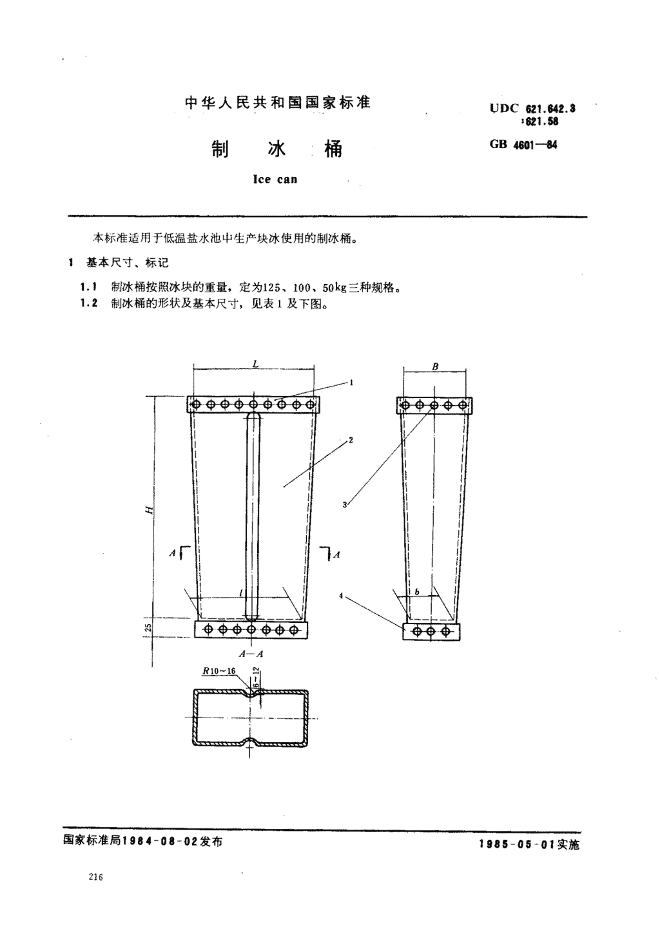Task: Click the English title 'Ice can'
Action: [275, 179]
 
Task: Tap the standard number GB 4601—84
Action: [523, 145]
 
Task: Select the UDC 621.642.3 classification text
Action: [532, 109]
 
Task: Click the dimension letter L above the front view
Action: [255, 364]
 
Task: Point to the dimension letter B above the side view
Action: [435, 366]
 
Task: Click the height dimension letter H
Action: [149, 509]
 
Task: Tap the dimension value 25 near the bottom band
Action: [149, 628]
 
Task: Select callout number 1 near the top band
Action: [352, 382]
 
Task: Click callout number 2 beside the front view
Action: [351, 440]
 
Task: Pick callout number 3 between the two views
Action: [345, 505]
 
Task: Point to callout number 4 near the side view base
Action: [341, 596]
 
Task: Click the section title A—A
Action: [251, 654]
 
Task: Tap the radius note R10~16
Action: [219, 670]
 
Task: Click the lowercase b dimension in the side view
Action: [417, 592]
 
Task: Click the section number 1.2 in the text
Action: [89, 303]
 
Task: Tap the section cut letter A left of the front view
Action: [172, 553]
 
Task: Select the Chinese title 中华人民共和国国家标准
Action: [278, 102]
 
